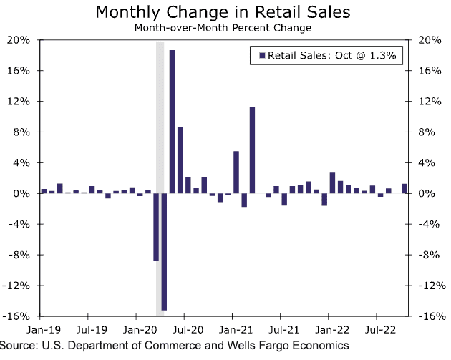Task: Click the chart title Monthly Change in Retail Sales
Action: pyautogui.click(x=225, y=13)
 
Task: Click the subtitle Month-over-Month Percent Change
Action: pyautogui.click(x=225, y=29)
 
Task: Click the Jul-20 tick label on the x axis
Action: pyautogui.click(x=185, y=331)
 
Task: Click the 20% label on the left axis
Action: pyautogui.click(x=19, y=40)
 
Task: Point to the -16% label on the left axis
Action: pyautogui.click(x=17, y=316)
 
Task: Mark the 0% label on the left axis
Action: pyautogui.click(x=21, y=194)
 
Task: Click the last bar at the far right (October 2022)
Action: pyautogui.click(x=404, y=189)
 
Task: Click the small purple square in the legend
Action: pyautogui.click(x=262, y=55)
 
